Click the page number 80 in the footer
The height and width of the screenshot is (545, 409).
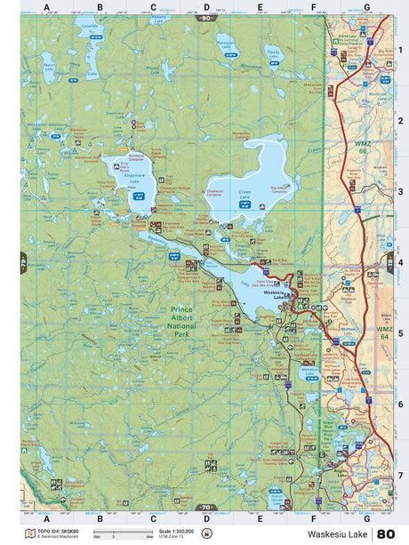[x=386, y=533]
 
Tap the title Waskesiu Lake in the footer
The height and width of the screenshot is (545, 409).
[x=339, y=534]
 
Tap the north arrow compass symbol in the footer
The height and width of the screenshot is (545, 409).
[x=207, y=533]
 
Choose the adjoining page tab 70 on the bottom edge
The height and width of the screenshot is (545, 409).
[x=206, y=515]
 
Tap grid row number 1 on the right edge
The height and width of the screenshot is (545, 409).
[x=401, y=50]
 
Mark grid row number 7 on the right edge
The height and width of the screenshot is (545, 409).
[x=401, y=475]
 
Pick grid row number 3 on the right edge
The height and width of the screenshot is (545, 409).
[x=401, y=191]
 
